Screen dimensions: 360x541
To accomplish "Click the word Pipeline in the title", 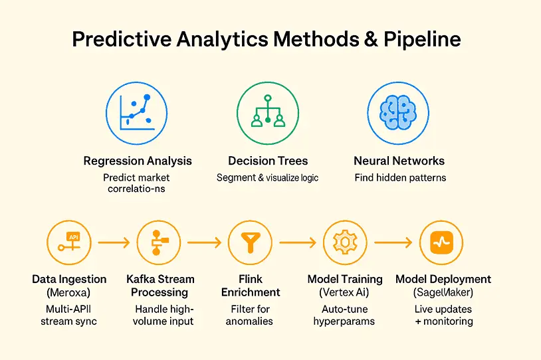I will (x=421, y=40).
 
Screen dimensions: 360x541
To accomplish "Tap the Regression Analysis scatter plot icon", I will (x=138, y=113).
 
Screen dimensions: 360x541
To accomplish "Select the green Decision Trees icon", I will (x=268, y=112).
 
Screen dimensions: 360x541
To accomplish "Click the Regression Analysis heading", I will (x=138, y=161).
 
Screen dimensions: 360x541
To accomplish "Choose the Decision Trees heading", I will (x=268, y=161).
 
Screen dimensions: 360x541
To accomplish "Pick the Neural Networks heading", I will (x=399, y=161).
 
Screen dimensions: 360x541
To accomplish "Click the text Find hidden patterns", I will (x=399, y=178).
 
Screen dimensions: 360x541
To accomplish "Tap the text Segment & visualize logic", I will (x=268, y=178).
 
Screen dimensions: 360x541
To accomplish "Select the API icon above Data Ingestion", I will (x=70, y=243).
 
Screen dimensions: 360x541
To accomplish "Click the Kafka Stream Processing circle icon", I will (x=158, y=243).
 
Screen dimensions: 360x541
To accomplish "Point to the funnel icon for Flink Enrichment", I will (x=250, y=243).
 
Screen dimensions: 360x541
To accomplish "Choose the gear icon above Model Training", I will (x=344, y=243).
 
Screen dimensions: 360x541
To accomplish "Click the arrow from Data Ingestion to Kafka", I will (x=114, y=243).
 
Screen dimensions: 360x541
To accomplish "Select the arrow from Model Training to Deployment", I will (x=393, y=243).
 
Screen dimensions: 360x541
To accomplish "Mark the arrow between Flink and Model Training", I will (x=296, y=243).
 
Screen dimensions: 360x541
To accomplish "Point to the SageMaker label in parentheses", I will (x=443, y=293).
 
